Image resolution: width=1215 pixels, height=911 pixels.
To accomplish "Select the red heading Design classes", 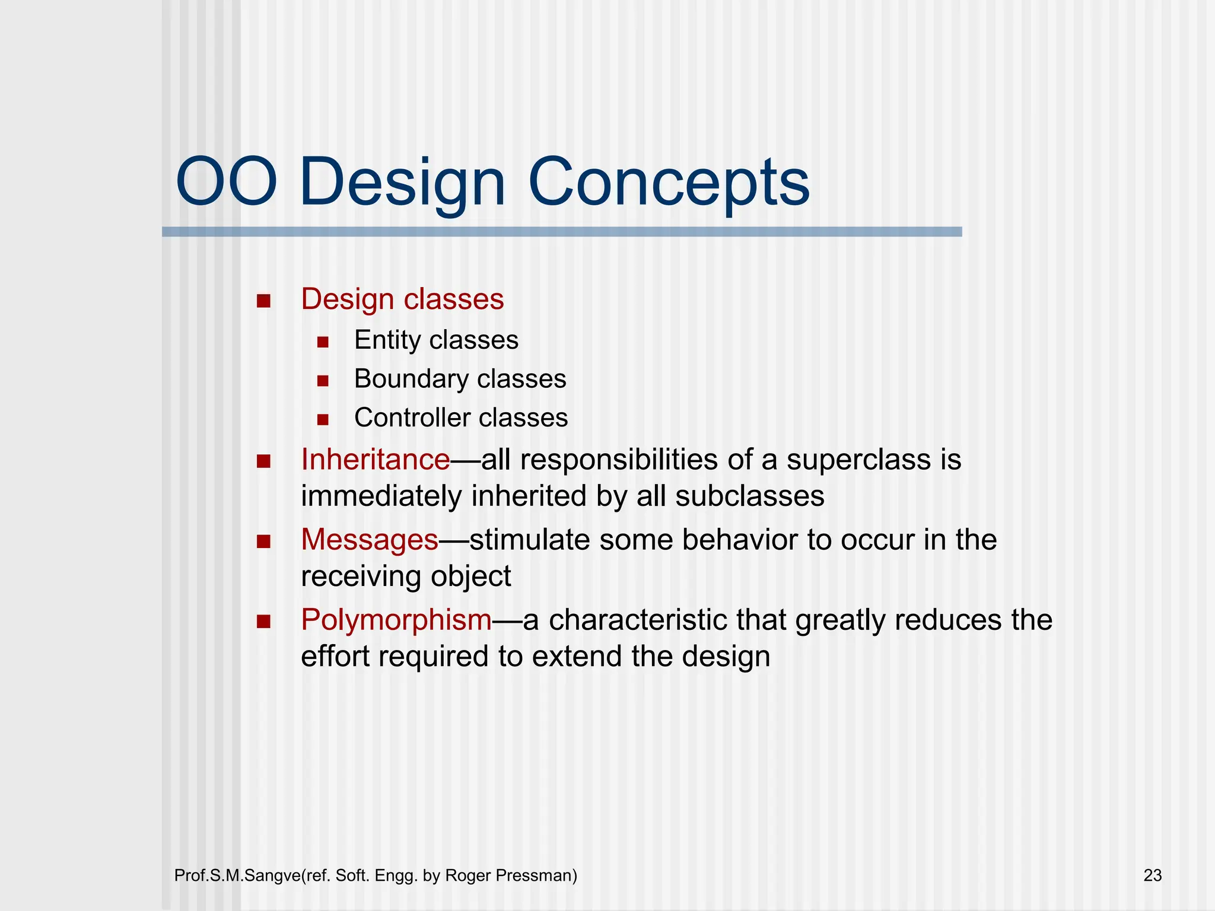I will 402,299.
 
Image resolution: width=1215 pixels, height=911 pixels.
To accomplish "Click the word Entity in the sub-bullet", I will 387,340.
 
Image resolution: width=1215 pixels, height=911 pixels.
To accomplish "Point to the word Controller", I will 412,418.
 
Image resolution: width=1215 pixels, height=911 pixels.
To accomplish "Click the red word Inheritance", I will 375,460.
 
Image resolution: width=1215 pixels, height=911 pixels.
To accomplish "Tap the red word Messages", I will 369,540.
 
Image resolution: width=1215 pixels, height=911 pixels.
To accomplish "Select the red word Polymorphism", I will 396,620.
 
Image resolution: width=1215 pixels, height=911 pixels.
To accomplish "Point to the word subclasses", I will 749,496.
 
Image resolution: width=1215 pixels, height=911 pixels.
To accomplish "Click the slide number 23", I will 1152,875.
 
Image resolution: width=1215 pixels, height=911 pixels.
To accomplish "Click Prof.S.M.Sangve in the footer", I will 237,875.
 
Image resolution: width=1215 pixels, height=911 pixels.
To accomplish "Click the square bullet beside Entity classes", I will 323,342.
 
